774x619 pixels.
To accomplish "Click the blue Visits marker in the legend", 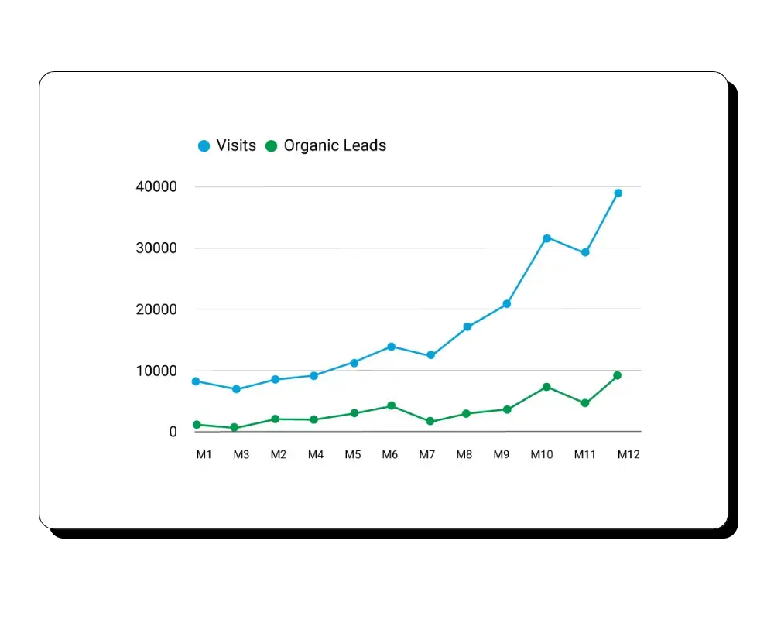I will click(x=204, y=145).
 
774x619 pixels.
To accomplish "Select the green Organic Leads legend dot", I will click(x=271, y=145).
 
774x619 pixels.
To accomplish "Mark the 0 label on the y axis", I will click(x=173, y=432).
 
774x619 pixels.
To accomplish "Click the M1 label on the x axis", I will click(x=204, y=455).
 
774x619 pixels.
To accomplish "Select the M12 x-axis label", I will click(x=628, y=455).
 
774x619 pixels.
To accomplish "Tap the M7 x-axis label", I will click(x=427, y=455).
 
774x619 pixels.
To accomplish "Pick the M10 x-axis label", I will click(x=542, y=455).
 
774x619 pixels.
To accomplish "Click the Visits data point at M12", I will click(x=618, y=193).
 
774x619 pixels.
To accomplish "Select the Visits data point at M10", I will click(x=546, y=238).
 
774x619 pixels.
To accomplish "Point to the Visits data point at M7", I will click(x=431, y=355).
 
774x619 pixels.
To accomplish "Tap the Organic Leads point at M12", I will click(x=617, y=375).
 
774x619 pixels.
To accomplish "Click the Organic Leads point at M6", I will click(x=392, y=405).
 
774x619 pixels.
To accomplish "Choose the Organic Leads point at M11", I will click(x=585, y=403).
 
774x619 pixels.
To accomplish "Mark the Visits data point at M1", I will click(x=196, y=381).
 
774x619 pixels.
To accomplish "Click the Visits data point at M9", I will click(x=507, y=304).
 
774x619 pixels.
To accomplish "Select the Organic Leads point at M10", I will click(x=546, y=387).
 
